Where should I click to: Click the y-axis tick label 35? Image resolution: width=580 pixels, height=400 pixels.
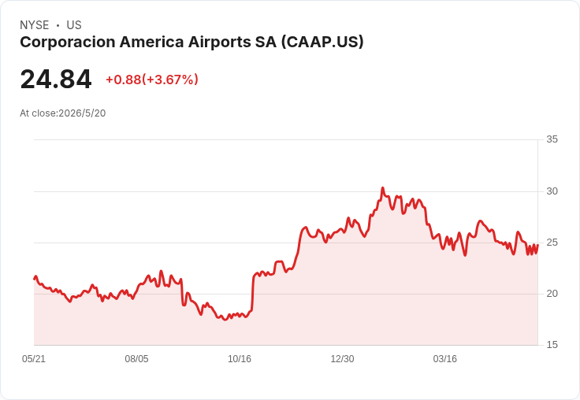[552, 139]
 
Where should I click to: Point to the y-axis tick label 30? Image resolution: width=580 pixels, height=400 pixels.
[552, 191]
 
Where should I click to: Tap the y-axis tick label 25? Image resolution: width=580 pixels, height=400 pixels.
[552, 243]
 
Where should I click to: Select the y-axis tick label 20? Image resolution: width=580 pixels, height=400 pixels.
[552, 294]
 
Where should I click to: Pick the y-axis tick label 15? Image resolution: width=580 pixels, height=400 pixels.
[552, 345]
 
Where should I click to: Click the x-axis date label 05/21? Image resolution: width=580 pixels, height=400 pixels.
[34, 359]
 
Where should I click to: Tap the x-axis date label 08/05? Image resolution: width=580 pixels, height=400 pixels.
[136, 359]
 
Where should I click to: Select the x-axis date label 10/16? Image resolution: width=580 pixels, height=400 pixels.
[240, 359]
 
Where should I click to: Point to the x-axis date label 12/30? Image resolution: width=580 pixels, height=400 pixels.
[342, 359]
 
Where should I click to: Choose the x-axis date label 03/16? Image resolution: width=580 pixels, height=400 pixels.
[445, 359]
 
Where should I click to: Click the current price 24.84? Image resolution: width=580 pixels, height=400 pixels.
[56, 79]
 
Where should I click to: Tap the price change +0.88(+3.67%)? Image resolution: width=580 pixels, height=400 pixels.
[152, 80]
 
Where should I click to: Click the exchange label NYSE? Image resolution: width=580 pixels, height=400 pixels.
[35, 25]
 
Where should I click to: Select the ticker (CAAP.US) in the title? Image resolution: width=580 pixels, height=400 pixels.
[322, 43]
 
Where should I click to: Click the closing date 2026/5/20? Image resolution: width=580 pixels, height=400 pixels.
[82, 113]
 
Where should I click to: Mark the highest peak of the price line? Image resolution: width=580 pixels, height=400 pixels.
[383, 188]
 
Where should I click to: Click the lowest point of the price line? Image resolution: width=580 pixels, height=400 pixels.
[225, 320]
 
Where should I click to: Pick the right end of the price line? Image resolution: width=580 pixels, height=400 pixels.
[537, 245]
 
